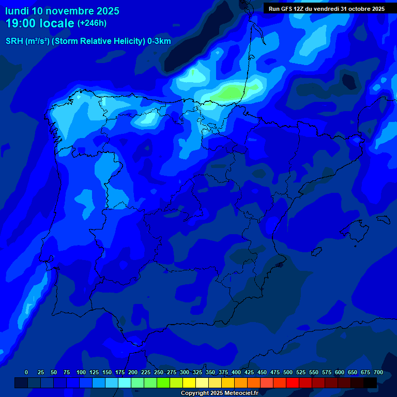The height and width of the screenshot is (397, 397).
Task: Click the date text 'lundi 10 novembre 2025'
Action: (62, 11)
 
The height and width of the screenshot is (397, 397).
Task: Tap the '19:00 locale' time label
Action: (40, 23)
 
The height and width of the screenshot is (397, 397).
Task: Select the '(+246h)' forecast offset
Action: (92, 23)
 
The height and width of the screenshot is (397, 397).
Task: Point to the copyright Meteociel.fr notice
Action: (219, 393)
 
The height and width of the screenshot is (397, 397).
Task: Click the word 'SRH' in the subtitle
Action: (14, 41)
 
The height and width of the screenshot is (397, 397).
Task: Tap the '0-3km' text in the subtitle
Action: (159, 41)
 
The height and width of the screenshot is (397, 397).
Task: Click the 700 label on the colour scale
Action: (378, 373)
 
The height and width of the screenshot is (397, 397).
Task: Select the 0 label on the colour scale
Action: (26, 373)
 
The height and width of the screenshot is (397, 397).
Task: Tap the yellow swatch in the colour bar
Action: (189, 383)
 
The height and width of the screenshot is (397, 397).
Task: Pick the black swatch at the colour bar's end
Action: (370, 383)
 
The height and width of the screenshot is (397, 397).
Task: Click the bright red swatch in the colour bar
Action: (293, 383)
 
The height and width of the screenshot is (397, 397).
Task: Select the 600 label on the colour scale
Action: (340, 373)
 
